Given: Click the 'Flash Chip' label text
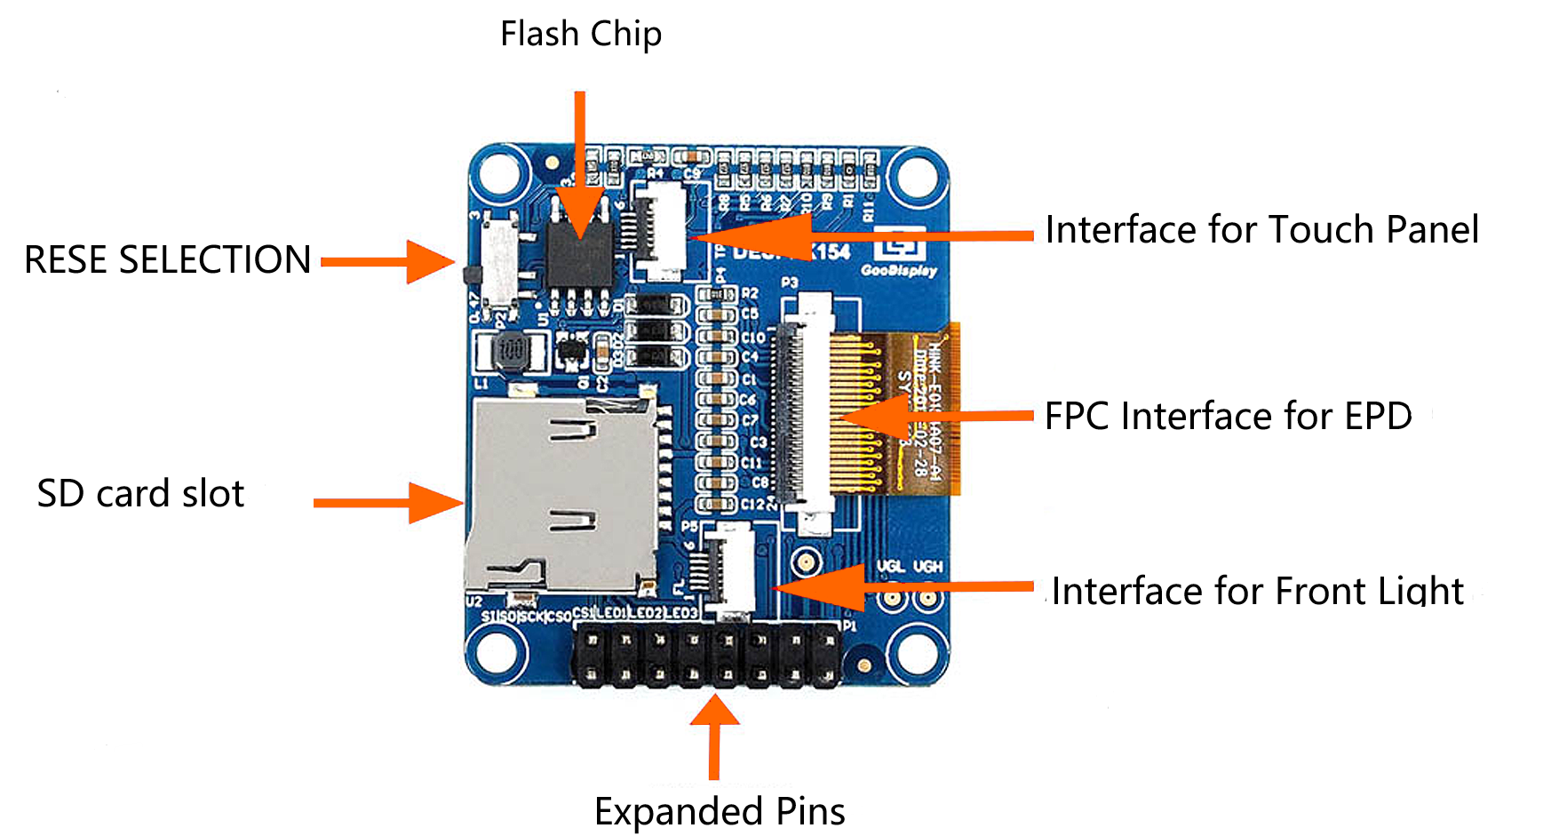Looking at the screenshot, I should pyautogui.click(x=581, y=35).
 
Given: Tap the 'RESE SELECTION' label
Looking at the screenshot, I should pyautogui.click(x=167, y=259).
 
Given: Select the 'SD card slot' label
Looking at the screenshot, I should pyautogui.click(x=140, y=494).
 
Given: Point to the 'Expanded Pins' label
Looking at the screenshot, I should pyautogui.click(x=720, y=811).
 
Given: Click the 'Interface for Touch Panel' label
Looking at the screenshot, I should pyautogui.click(x=1261, y=230).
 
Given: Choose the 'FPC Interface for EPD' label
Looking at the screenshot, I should pyautogui.click(x=1228, y=416).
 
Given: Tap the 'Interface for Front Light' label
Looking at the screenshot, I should pyautogui.click(x=1257, y=591).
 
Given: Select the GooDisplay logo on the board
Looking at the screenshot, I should pyautogui.click(x=899, y=253).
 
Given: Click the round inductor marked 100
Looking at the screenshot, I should pyautogui.click(x=511, y=350).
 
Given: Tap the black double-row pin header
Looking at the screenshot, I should pyautogui.click(x=708, y=655).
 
